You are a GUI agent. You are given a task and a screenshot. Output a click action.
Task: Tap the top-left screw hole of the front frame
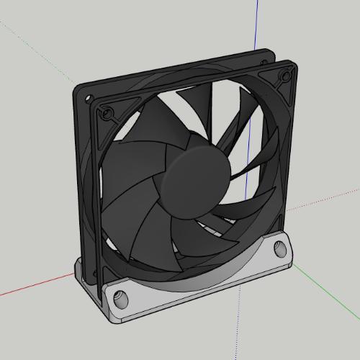tap(108, 112)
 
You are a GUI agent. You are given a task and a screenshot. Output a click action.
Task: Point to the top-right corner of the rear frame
tap(267, 52)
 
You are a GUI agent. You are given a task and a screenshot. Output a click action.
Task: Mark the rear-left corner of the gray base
tap(76, 268)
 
